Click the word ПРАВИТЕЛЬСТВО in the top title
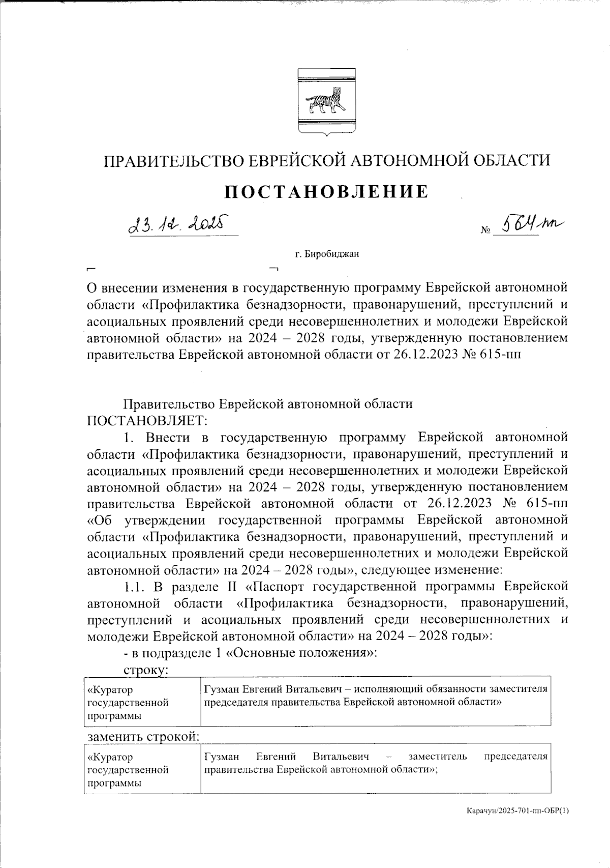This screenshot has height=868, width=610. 168,161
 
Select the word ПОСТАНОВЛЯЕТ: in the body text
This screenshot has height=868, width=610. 146,421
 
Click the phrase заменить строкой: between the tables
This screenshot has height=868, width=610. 143,737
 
